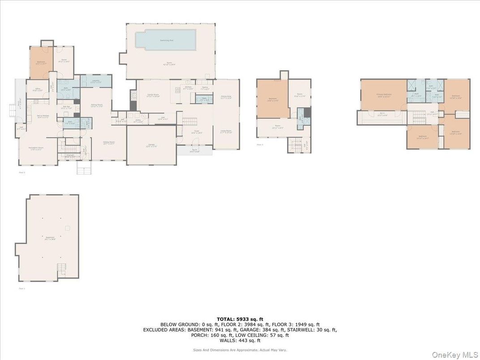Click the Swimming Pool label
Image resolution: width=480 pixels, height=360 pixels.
167,40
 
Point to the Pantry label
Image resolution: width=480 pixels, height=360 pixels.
205,88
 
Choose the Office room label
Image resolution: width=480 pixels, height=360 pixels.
38,89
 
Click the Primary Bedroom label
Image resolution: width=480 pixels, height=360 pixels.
384,95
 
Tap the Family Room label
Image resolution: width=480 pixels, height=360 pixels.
154,95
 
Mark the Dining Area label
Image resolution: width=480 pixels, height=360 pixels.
226,97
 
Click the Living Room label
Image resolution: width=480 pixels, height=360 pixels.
226,132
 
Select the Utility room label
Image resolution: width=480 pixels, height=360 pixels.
138,121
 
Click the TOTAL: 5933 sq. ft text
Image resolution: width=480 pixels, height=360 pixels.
240,319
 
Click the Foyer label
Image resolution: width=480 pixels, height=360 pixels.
197,132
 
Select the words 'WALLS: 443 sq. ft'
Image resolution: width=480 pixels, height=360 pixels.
240,340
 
